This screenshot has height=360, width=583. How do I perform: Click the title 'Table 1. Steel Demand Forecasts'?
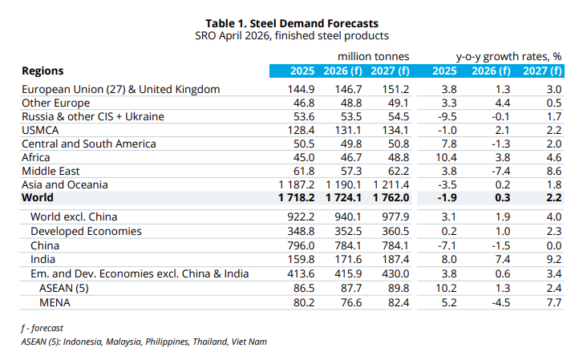tap(291, 22)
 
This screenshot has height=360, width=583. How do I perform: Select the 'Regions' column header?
tap(43, 71)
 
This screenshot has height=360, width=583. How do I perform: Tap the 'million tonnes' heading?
tap(373, 56)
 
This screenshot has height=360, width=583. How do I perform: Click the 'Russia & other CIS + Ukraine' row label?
tap(92, 116)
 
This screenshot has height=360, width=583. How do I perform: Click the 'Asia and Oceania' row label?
tap(65, 184)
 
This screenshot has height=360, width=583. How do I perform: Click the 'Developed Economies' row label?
tap(86, 231)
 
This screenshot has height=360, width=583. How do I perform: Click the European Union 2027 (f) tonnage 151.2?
tap(393, 89)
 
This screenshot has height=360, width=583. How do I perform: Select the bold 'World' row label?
tap(37, 197)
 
